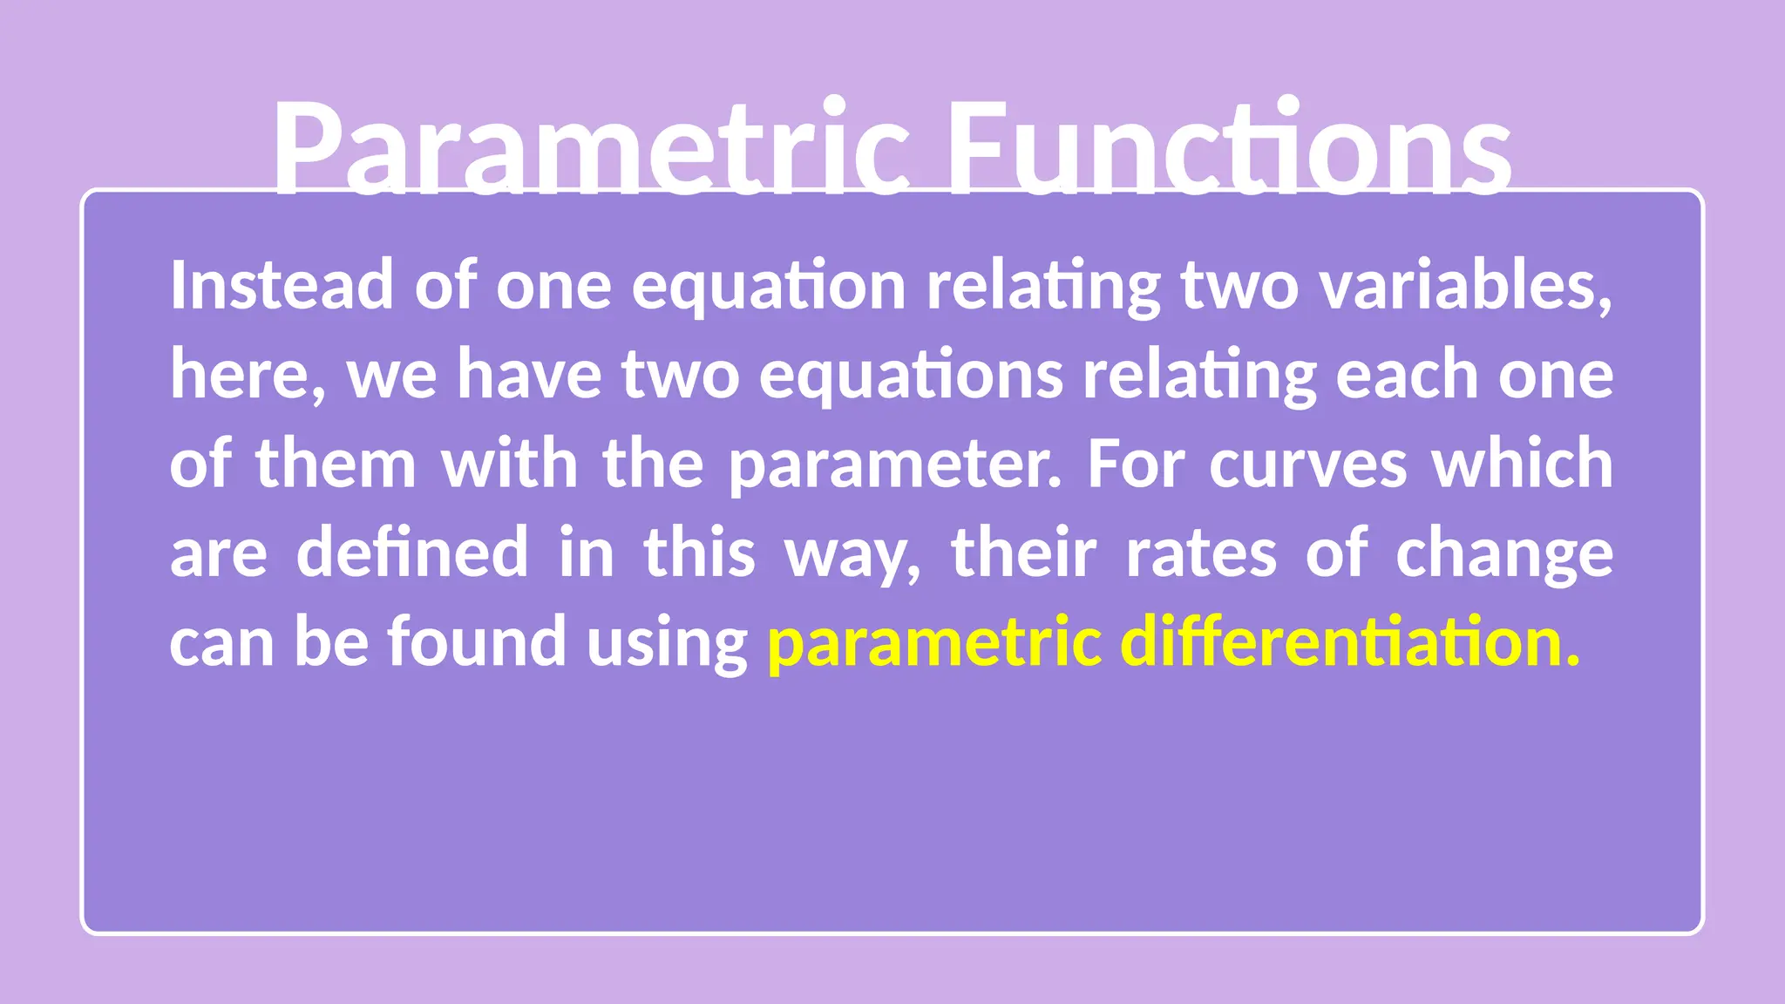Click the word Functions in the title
pyautogui.click(x=1229, y=148)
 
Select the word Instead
pyautogui.click(x=281, y=286)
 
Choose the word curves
pyautogui.click(x=1307, y=465)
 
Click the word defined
pyautogui.click(x=412, y=553)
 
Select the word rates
pyautogui.click(x=1201, y=554)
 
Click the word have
pyautogui.click(x=529, y=375)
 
